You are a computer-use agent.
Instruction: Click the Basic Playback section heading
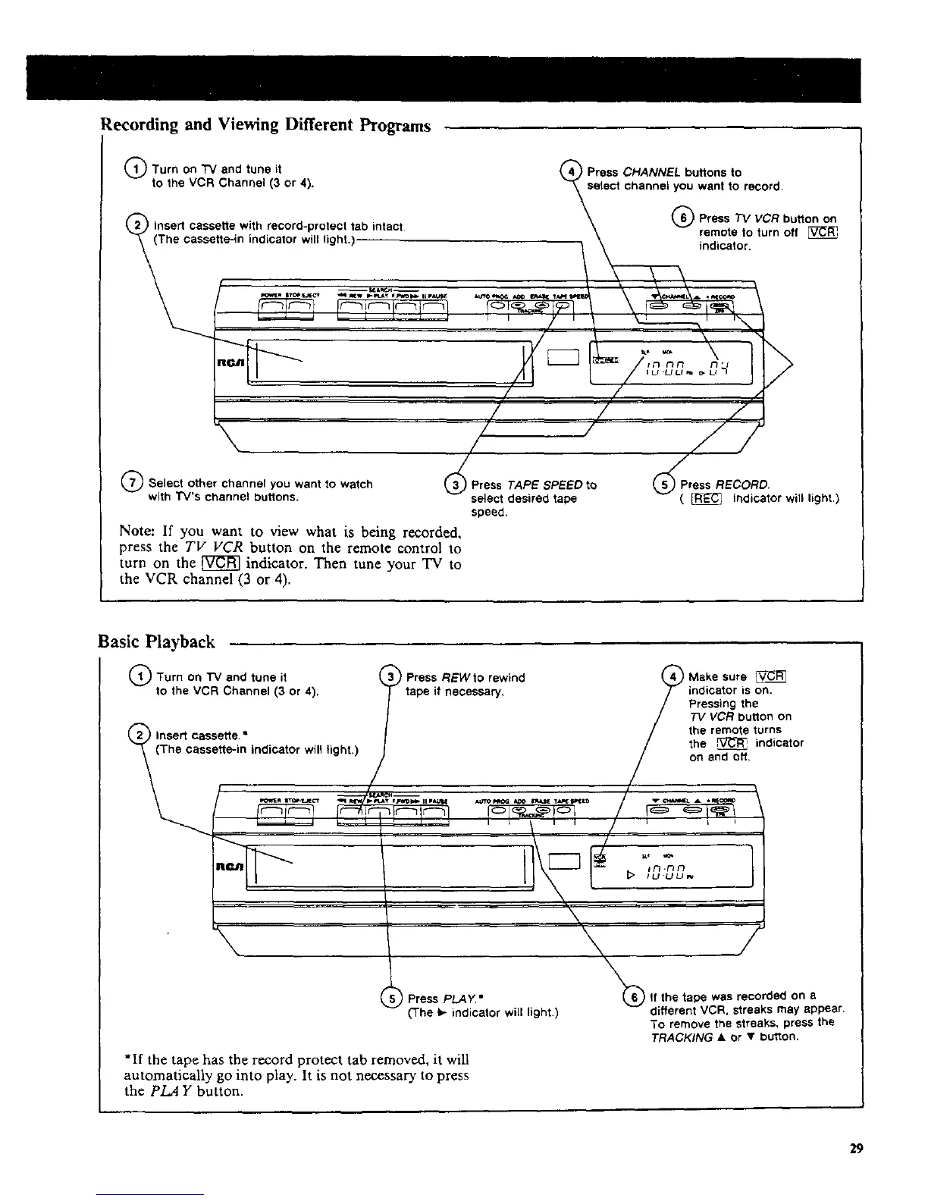[x=157, y=642]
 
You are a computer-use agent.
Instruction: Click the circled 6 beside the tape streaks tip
[x=631, y=996]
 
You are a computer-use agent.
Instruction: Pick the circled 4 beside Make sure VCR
[x=672, y=676]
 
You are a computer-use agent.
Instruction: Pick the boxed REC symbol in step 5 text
[x=707, y=498]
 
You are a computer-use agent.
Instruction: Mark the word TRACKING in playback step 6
[x=681, y=1037]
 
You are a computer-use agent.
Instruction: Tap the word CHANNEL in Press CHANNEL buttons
[x=649, y=172]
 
